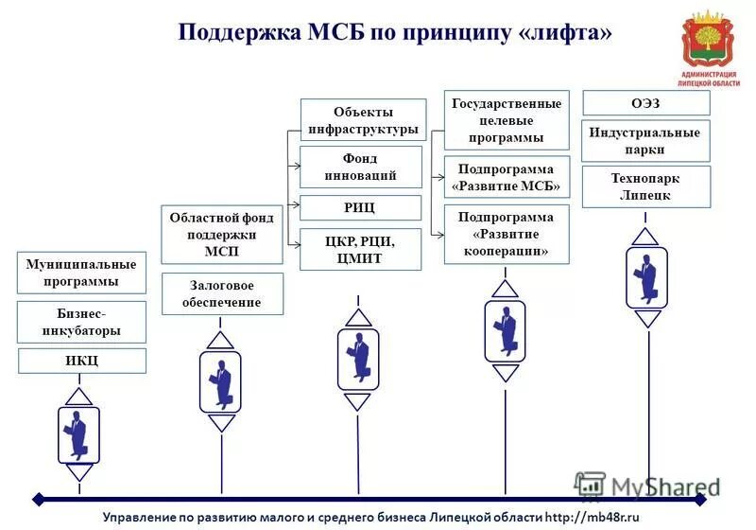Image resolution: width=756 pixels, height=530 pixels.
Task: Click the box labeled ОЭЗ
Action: click(645, 102)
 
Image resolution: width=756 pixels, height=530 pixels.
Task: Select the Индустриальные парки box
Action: click(645, 140)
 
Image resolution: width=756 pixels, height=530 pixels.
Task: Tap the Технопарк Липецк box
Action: click(645, 186)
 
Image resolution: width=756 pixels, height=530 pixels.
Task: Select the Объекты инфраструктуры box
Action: click(363, 120)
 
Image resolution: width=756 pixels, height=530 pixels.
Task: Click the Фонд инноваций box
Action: click(361, 167)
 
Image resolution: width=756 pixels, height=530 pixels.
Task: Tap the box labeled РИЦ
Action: click(361, 207)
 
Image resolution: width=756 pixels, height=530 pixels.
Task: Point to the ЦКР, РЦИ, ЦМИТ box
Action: click(361, 249)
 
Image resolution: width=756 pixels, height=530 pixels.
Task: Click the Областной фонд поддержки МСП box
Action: click(221, 235)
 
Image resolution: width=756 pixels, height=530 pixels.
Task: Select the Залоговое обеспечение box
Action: click(221, 293)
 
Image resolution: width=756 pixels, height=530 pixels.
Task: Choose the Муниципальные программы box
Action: click(82, 273)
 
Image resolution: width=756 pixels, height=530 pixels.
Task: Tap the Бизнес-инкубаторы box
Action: click(82, 322)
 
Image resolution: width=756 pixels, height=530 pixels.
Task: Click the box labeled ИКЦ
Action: click(82, 361)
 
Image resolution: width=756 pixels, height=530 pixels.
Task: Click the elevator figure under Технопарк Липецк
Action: click(647, 277)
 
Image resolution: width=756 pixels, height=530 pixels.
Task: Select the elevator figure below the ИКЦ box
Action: click(79, 434)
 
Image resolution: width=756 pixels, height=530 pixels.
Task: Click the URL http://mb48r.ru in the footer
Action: click(593, 517)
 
